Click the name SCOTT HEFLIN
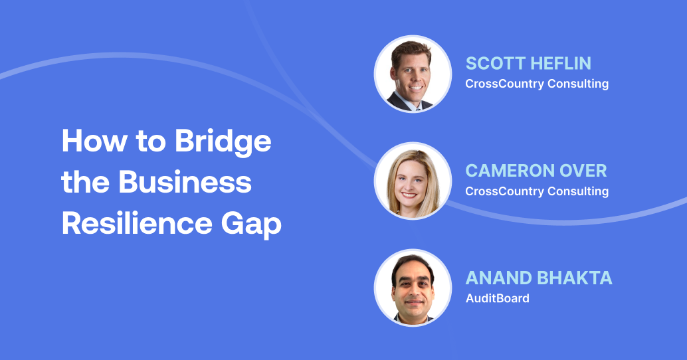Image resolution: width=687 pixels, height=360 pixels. (528, 64)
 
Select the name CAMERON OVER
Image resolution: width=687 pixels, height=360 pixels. (536, 171)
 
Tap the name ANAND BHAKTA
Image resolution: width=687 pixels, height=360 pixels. (539, 278)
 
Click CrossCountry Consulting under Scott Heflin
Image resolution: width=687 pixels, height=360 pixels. (537, 84)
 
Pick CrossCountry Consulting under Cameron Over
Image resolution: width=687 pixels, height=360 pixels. (537, 191)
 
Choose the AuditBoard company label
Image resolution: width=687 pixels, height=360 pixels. (498, 298)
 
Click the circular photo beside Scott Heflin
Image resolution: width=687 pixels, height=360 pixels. (413, 74)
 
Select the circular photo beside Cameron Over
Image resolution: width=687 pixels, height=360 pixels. (413, 181)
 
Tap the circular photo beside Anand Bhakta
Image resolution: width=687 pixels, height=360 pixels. (413, 288)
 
